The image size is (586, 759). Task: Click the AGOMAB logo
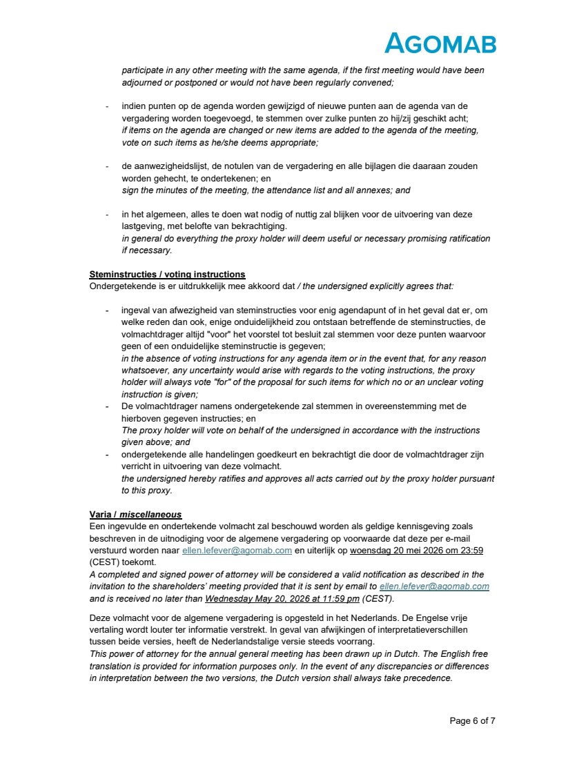(x=440, y=43)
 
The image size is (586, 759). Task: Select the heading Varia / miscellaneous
(x=135, y=514)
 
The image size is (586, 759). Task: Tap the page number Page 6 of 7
(x=472, y=721)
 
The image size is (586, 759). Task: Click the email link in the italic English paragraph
(x=434, y=586)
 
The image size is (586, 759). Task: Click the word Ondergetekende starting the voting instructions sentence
(x=121, y=286)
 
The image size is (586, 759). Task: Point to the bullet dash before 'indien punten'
(x=107, y=107)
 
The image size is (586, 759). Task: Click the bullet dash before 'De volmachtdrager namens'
(x=107, y=406)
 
